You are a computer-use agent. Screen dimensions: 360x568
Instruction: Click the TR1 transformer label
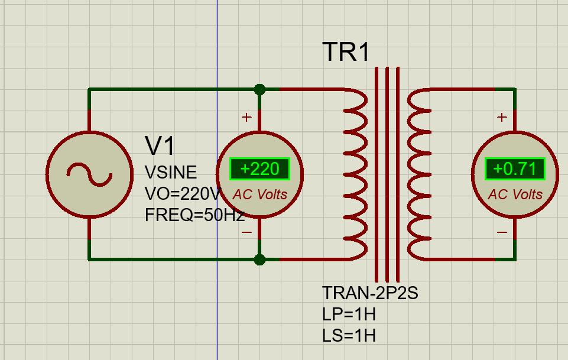pyautogui.click(x=346, y=52)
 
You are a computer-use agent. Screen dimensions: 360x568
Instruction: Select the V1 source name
pyautogui.click(x=160, y=146)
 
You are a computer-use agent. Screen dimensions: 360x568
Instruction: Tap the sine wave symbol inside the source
pyautogui.click(x=89, y=174)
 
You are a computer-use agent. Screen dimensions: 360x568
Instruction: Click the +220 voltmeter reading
pyautogui.click(x=260, y=169)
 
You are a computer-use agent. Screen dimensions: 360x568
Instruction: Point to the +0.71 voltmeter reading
pyautogui.click(x=515, y=169)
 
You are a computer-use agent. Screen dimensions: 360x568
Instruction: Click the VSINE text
pyautogui.click(x=171, y=172)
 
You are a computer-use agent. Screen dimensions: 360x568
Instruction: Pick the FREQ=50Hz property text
pyautogui.click(x=194, y=215)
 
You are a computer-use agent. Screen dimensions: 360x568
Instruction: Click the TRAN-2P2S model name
pyautogui.click(x=370, y=293)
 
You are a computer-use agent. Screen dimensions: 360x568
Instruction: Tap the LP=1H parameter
pyautogui.click(x=349, y=314)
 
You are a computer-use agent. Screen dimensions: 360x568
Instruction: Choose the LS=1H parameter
pyautogui.click(x=349, y=336)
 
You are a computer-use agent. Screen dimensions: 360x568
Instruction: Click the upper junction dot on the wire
pyautogui.click(x=259, y=89)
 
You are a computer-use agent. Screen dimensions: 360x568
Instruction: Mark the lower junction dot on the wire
pyautogui.click(x=259, y=260)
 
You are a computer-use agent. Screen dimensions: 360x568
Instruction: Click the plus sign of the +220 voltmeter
pyautogui.click(x=246, y=118)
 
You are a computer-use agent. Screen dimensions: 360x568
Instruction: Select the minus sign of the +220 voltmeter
pyautogui.click(x=246, y=232)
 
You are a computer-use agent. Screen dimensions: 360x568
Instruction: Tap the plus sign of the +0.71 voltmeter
pyautogui.click(x=502, y=118)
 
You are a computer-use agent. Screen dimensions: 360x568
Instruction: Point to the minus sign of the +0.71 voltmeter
pyautogui.click(x=502, y=232)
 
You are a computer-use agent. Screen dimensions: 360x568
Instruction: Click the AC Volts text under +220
pyautogui.click(x=260, y=194)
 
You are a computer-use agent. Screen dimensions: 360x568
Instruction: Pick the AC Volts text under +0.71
pyautogui.click(x=515, y=194)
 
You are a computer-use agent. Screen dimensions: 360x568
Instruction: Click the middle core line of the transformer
pyautogui.click(x=387, y=174)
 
